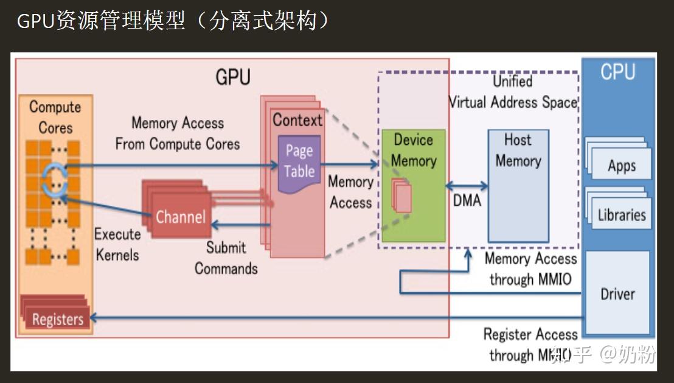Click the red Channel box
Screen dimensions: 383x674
[x=180, y=216]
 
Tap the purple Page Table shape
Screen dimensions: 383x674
[x=299, y=163]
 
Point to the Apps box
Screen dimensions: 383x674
[x=621, y=166]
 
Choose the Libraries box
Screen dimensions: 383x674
[x=621, y=214]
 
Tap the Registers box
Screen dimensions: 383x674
[x=57, y=318]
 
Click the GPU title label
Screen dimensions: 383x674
[x=233, y=77]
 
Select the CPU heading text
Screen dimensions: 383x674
[x=617, y=72]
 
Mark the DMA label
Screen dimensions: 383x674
[x=467, y=200]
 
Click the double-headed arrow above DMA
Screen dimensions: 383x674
[x=467, y=186]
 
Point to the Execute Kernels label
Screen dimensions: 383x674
[x=117, y=244]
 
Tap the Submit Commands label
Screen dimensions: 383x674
[x=226, y=258]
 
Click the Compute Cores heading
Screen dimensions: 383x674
[x=55, y=117]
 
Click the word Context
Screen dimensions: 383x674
[x=297, y=120]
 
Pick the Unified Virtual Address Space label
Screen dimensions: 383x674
[x=513, y=92]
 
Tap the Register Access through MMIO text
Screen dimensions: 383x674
[x=530, y=344]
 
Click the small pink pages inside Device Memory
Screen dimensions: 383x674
[x=402, y=197]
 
